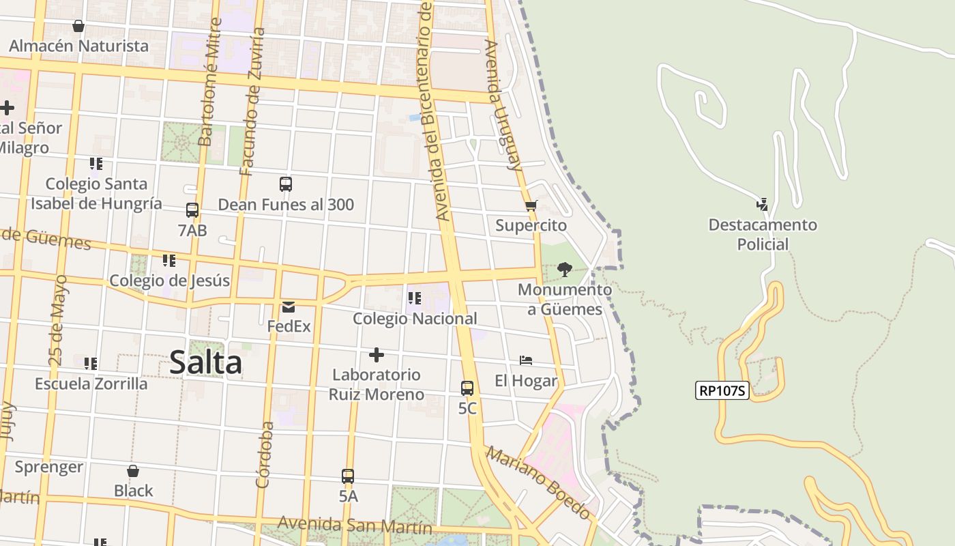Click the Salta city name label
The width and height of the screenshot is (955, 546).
205,362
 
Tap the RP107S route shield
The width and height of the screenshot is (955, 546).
722,391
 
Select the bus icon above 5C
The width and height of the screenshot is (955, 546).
467,388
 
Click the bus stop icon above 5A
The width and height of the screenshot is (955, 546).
348,476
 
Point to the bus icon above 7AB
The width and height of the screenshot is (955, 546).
192,210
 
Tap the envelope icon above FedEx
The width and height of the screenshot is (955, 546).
289,307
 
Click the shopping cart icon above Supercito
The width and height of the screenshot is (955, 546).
531,205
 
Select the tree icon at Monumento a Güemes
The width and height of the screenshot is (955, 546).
564,270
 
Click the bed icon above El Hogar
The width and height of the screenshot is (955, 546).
526,360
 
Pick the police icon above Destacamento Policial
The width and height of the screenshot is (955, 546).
762,204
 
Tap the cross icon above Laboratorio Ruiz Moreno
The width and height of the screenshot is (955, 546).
376,355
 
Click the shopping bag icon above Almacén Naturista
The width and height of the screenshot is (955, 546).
78,26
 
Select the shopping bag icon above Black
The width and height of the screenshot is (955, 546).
133,471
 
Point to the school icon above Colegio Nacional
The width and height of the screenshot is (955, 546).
414,298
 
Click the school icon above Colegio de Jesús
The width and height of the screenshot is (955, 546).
168,261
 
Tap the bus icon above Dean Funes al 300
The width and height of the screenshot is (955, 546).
286,184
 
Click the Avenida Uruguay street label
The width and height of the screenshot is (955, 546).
503,105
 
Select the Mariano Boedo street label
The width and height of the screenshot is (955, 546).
538,483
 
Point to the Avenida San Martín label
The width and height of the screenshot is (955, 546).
355,526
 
